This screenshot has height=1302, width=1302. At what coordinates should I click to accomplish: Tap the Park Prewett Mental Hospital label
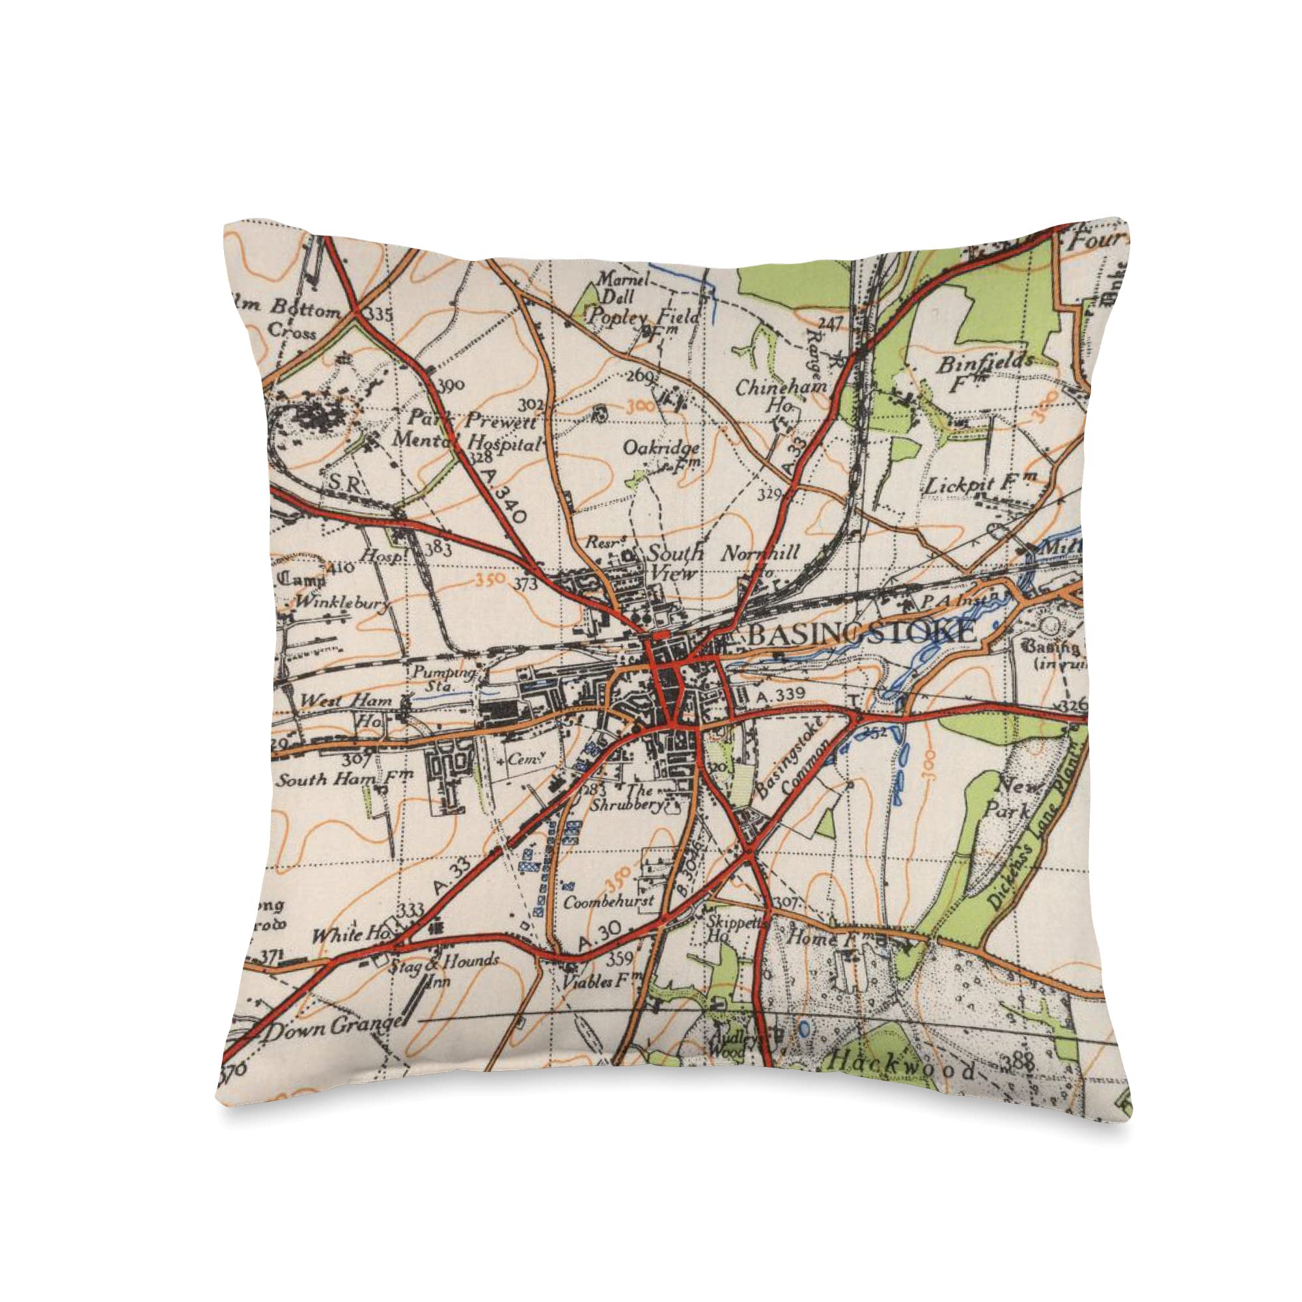tap(467, 434)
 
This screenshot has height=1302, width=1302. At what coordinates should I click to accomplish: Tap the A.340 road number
tap(504, 497)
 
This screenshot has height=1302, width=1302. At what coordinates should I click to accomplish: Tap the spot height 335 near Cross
tap(381, 314)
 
